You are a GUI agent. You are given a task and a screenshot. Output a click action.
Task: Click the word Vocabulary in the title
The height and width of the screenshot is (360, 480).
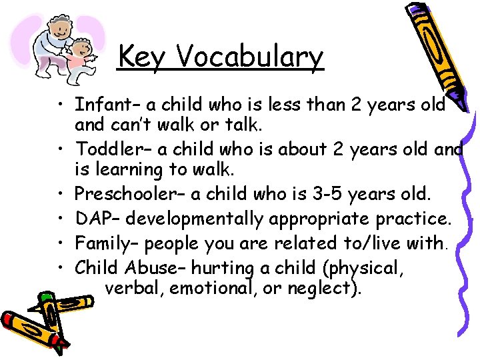(x=249, y=57)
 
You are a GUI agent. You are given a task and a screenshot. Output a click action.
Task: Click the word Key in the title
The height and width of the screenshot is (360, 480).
(x=144, y=57)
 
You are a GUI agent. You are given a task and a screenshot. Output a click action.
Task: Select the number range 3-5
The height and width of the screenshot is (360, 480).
(x=329, y=194)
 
